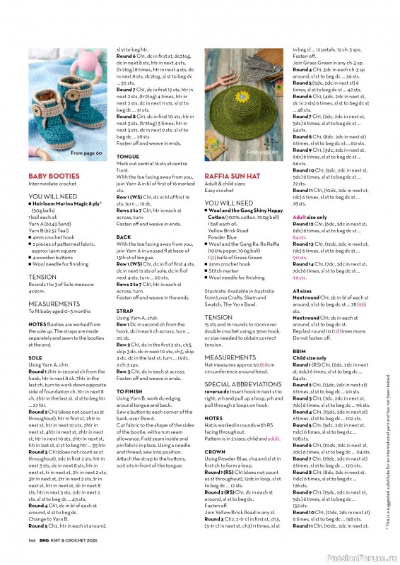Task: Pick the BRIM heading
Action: (x=300, y=350)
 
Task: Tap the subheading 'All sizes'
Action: (x=302, y=290)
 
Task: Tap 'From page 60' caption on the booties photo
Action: (x=86, y=153)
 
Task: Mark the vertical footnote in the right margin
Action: (x=387, y=452)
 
